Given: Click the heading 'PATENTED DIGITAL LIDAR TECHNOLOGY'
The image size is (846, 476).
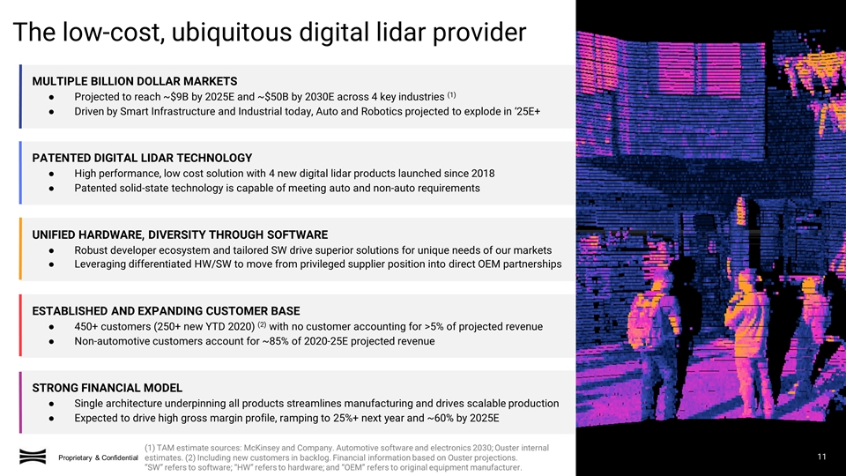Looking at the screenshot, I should click(x=142, y=157).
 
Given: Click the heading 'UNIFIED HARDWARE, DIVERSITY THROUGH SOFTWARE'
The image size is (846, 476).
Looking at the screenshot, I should click(x=180, y=234).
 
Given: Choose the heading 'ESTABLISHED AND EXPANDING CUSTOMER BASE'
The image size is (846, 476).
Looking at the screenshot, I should click(x=166, y=311).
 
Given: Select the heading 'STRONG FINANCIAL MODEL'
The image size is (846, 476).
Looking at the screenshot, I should click(x=107, y=388).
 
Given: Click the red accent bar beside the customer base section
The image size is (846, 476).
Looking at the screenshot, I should click(x=20, y=325).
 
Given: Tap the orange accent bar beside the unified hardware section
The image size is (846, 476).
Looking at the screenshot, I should click(x=20, y=249).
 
